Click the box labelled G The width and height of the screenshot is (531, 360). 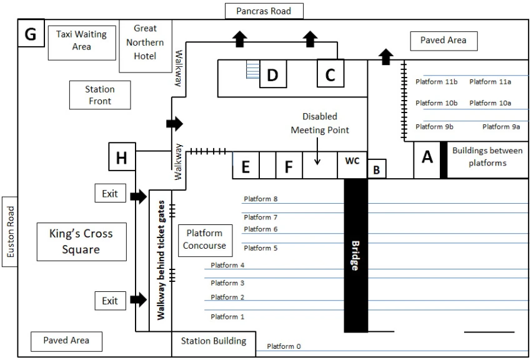[x=31, y=33]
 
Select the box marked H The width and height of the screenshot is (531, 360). [x=122, y=156]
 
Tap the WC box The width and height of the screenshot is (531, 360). [x=352, y=164]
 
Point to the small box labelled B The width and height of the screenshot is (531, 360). [x=377, y=169]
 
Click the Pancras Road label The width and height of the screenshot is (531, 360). [x=264, y=11]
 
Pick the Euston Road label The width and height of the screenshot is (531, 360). [x=10, y=231]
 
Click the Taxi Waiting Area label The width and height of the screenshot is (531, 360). [x=82, y=40]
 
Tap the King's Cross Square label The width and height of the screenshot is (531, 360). [x=81, y=242]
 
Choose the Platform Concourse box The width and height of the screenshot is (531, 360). [x=206, y=241]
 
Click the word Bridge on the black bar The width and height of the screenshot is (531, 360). [x=355, y=256]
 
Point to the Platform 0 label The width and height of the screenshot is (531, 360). [x=284, y=346]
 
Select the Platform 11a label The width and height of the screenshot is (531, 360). [x=490, y=82]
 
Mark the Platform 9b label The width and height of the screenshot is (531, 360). [x=435, y=127]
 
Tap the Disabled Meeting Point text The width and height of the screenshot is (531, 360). [x=320, y=123]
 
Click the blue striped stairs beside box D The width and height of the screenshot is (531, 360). [x=253, y=70]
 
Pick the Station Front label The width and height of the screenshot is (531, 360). [x=100, y=95]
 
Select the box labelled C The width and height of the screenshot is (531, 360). [x=330, y=73]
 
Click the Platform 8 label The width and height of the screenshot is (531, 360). [x=261, y=199]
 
